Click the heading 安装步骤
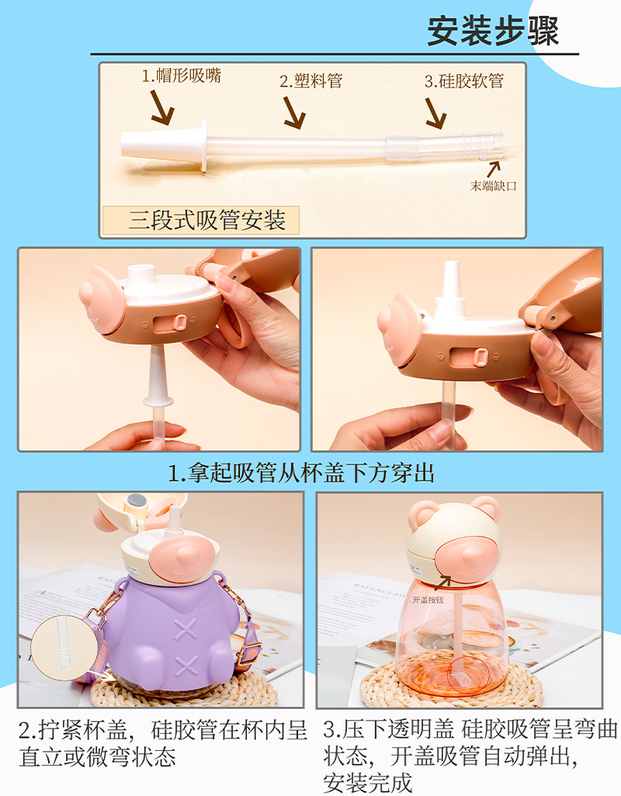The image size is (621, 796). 492,31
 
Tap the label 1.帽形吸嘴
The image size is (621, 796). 181,76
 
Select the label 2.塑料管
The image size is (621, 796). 310,81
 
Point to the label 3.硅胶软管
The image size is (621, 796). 463,81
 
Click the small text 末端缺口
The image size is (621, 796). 493,186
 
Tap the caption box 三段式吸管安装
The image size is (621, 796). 200,221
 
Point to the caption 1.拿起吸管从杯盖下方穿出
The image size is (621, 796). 301,471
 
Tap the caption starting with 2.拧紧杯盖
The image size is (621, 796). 163,743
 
